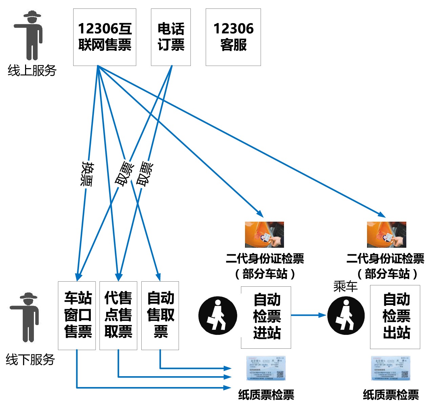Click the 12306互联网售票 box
(x=105, y=37)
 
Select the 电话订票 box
(x=171, y=37)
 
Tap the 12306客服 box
(x=233, y=37)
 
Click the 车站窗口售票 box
(x=77, y=315)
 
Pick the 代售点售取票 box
(x=118, y=315)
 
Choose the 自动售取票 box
(x=160, y=315)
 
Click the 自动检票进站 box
(x=266, y=317)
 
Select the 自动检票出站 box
(x=395, y=317)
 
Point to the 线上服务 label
(x=32, y=70)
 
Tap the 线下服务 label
(x=30, y=359)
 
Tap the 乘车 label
(x=345, y=286)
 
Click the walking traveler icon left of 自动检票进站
(x=218, y=315)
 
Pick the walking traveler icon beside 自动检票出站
(x=346, y=315)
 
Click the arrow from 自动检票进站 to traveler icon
(x=308, y=315)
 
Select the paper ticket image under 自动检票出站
(x=391, y=368)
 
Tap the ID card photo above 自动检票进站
(x=264, y=235)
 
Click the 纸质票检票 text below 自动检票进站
(x=266, y=394)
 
